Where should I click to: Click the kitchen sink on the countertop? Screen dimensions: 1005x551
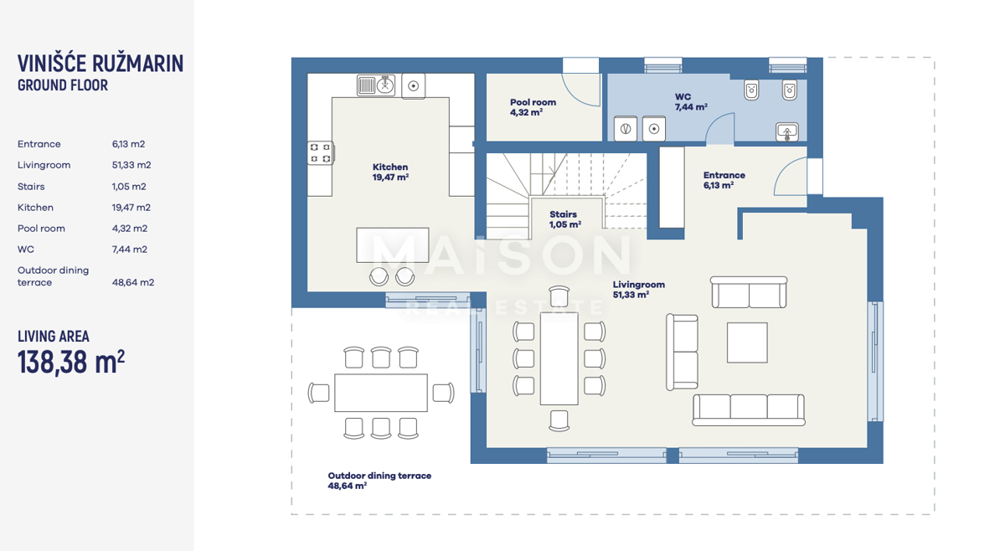coord(376,85)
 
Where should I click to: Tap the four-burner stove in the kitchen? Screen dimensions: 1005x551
coord(321,153)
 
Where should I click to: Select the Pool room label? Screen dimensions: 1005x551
coord(533,107)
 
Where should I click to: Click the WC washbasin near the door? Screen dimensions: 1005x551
coord(787,132)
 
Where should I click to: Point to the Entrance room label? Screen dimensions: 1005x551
coord(724,180)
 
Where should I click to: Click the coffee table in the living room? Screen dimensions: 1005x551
coord(747,342)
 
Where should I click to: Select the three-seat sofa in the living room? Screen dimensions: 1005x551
coord(749,409)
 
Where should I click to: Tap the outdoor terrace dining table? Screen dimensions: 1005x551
coord(381,393)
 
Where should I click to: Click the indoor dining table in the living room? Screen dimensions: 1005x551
coord(559,358)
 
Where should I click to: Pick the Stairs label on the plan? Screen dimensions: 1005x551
coord(564,219)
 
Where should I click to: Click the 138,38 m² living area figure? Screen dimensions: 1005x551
coord(71,363)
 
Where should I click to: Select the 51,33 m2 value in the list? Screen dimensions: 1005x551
coord(131,165)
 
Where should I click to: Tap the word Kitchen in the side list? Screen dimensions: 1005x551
coord(35,208)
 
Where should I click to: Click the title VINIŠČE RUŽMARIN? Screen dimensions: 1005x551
coord(100,64)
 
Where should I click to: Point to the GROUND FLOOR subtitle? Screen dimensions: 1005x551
coord(63,85)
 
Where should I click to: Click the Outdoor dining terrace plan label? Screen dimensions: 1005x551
coord(379,481)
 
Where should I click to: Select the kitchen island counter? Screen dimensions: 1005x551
coord(393,245)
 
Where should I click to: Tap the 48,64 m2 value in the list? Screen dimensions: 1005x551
coord(133,282)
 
